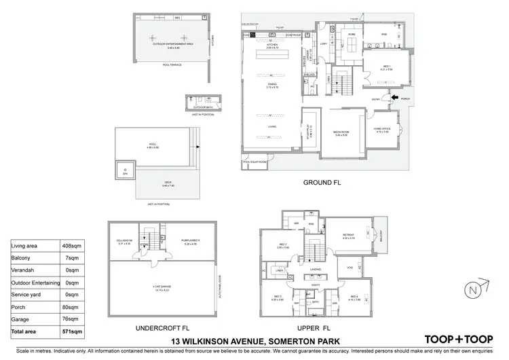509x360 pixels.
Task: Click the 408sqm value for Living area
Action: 75,247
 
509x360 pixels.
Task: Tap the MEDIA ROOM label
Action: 340,132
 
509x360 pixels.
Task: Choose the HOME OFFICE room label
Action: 383,129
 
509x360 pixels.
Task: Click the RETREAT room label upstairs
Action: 349,235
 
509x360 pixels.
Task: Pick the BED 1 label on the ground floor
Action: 387,66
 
